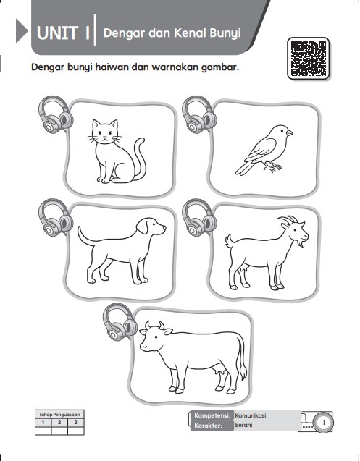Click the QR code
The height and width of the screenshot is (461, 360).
click(308, 58)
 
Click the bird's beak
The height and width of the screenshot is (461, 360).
click(289, 133)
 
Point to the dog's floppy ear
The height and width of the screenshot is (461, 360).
click(143, 227)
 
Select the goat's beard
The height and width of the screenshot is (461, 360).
click(300, 243)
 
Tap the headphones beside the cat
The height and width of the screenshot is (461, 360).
click(56, 114)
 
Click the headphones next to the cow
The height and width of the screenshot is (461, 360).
click(120, 322)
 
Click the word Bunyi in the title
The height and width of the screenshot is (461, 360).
click(225, 33)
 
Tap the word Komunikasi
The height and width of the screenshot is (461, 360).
click(251, 415)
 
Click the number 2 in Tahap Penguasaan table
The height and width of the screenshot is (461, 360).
click(59, 423)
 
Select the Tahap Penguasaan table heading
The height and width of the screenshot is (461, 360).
click(59, 415)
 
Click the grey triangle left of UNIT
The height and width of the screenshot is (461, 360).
click(22, 31)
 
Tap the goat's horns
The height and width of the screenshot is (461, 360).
click(288, 220)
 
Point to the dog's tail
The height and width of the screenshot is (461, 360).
click(85, 237)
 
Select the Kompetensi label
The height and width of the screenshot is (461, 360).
click(212, 415)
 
